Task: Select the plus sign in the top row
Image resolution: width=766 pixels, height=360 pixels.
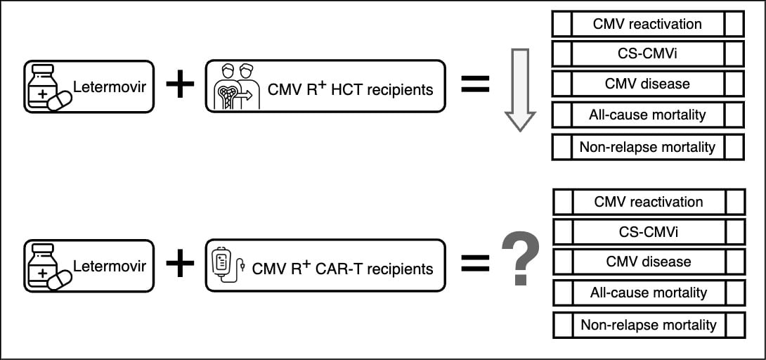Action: (180, 85)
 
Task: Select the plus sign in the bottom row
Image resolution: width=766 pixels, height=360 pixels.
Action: (180, 264)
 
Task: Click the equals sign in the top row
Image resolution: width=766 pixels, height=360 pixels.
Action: (474, 85)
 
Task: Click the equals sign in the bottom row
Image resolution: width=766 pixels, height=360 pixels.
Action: (474, 264)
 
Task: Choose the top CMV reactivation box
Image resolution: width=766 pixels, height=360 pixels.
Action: (647, 24)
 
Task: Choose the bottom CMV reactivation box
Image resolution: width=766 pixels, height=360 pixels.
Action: (648, 202)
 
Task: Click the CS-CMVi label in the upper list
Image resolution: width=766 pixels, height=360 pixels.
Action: (647, 53)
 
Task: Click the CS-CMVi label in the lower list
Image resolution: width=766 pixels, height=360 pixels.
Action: (648, 231)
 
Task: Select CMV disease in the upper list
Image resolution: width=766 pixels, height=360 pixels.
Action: (647, 84)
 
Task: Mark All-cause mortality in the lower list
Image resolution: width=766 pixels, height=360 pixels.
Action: (648, 292)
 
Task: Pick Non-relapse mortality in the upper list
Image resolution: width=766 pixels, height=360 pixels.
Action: (647, 147)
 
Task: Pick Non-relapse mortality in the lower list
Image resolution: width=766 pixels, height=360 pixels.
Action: (648, 325)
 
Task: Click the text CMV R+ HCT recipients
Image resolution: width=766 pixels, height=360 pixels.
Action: (350, 89)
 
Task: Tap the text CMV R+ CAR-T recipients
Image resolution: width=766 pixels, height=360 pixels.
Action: (342, 268)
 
